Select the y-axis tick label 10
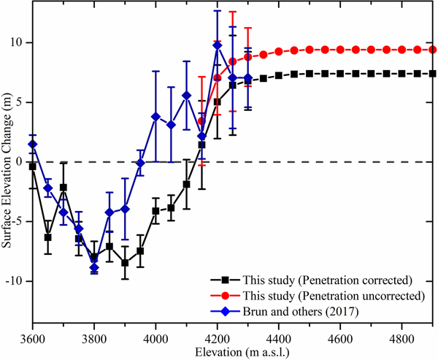[18, 42]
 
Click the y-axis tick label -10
[16, 281]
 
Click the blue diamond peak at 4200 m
[217, 45]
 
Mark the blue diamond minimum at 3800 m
[93, 268]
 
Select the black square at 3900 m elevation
[125, 263]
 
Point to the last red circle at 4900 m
[432, 50]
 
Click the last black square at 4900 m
[432, 74]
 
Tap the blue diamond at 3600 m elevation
[32, 144]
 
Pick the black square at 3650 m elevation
[47, 237]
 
